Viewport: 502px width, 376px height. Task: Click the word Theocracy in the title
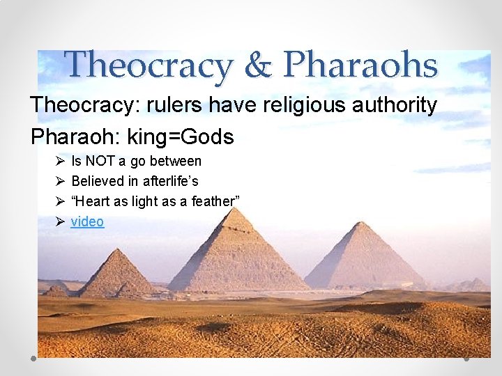click(x=147, y=65)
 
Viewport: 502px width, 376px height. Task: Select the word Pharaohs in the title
click(x=360, y=65)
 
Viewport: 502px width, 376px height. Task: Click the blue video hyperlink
click(x=87, y=221)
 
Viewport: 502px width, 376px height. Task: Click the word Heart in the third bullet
click(x=94, y=201)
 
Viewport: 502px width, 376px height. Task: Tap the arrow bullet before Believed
click(x=60, y=181)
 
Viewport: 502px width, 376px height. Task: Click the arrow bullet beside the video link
click(x=60, y=221)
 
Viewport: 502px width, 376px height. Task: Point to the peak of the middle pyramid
click(x=237, y=208)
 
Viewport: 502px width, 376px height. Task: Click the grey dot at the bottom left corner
click(x=33, y=358)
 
